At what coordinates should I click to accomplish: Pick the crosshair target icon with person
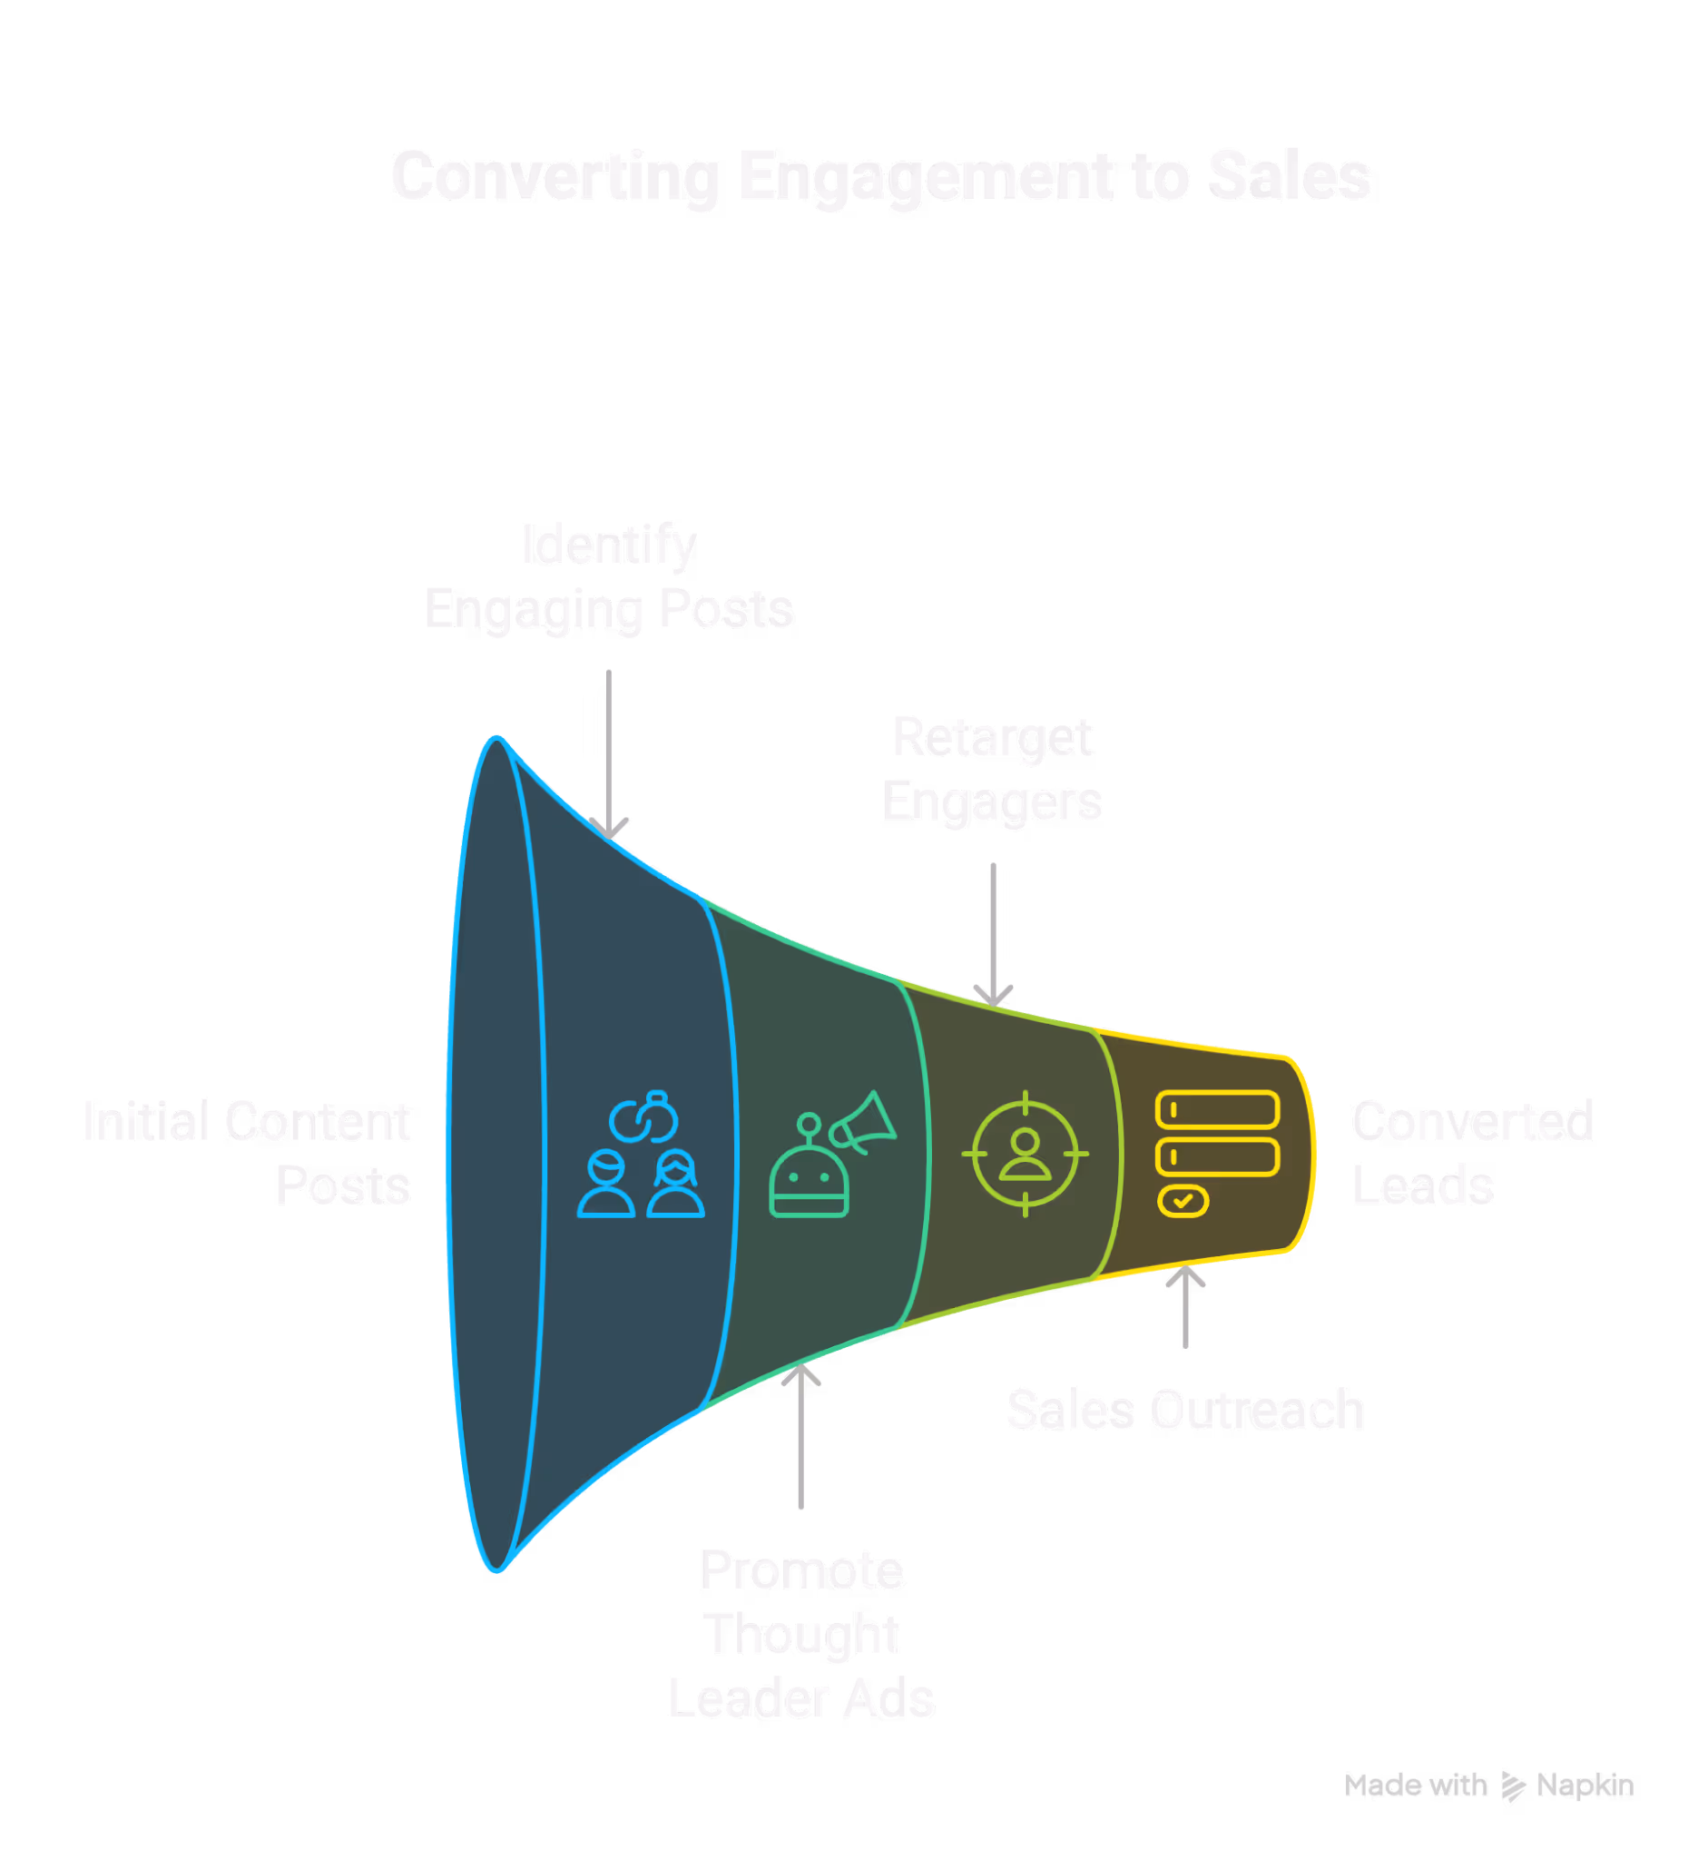[1026, 1154]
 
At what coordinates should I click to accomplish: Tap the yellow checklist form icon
[1217, 1153]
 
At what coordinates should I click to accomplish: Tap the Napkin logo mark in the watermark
[1512, 1786]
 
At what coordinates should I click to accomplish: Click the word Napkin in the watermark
[1585, 1785]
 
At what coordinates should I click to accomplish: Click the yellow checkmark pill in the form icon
[1183, 1201]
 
